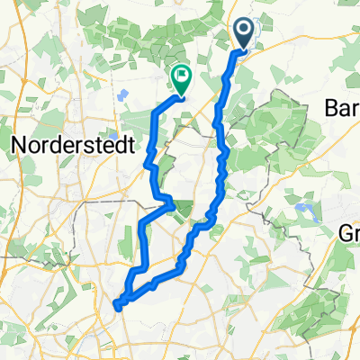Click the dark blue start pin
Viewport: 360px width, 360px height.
pyautogui.click(x=245, y=34)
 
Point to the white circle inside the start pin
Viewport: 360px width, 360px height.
pyautogui.click(x=245, y=31)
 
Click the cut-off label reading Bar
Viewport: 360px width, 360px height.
pyautogui.click(x=342, y=106)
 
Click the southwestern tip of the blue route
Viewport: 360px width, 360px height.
pyautogui.click(x=116, y=306)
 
